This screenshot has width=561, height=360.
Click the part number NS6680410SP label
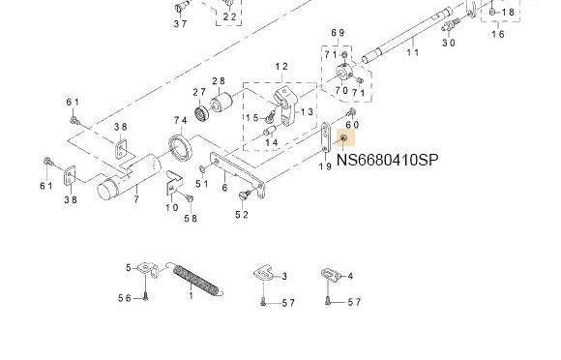tap(387, 160)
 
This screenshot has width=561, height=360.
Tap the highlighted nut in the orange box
tap(343, 137)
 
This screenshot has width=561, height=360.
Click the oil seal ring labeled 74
tap(181, 147)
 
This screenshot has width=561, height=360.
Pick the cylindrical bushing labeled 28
tap(221, 102)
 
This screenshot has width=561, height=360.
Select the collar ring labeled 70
tap(344, 74)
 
